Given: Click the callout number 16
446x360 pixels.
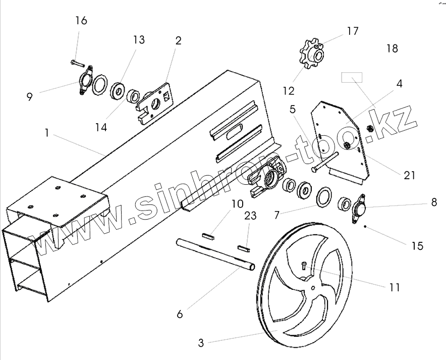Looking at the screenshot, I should click(x=81, y=21).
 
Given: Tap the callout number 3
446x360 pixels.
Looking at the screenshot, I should click(x=201, y=343).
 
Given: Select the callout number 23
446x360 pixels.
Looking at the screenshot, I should click(x=250, y=216).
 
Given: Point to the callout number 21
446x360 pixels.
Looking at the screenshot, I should click(x=409, y=175).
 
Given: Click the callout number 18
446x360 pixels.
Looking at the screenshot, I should click(x=392, y=48).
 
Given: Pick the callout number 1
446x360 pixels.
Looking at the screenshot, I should click(x=46, y=133).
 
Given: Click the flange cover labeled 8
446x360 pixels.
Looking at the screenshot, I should click(x=359, y=208).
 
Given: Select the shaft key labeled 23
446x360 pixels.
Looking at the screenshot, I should click(x=243, y=248).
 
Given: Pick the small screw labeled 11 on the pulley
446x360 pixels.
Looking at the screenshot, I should click(x=304, y=265).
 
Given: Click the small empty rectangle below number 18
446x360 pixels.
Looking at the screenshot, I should click(x=352, y=78).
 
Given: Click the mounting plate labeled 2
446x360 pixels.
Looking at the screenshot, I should click(x=156, y=103).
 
